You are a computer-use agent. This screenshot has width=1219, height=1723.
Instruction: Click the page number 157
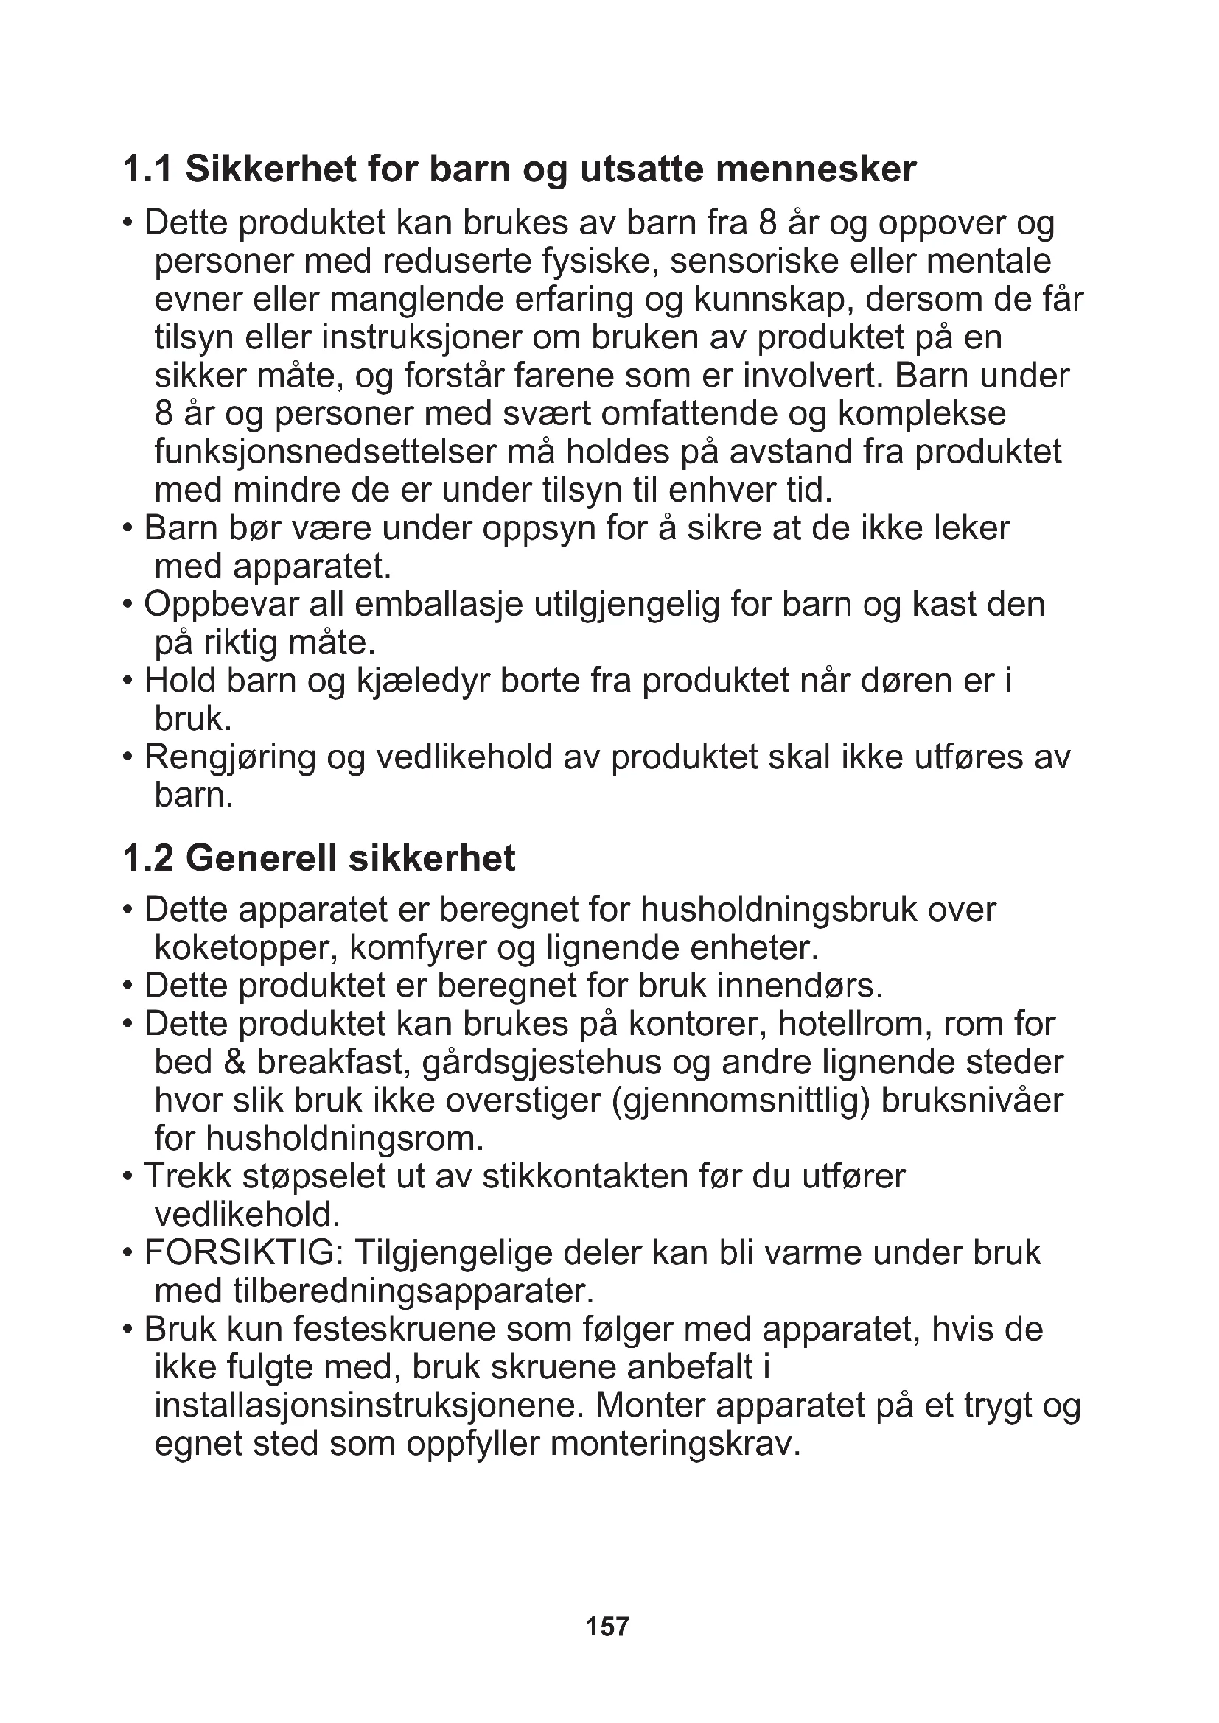607,1627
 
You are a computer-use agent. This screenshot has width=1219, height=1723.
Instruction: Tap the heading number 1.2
148,858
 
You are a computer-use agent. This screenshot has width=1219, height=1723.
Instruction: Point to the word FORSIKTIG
243,1252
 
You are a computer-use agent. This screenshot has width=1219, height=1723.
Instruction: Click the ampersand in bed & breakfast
235,1062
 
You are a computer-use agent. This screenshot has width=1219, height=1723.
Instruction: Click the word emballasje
438,605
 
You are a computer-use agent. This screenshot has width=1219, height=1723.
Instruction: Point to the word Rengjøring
229,758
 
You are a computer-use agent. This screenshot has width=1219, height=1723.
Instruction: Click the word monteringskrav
676,1443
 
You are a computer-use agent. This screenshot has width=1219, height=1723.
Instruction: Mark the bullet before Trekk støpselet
128,1175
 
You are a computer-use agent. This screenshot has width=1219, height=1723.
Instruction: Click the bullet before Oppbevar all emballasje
128,604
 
